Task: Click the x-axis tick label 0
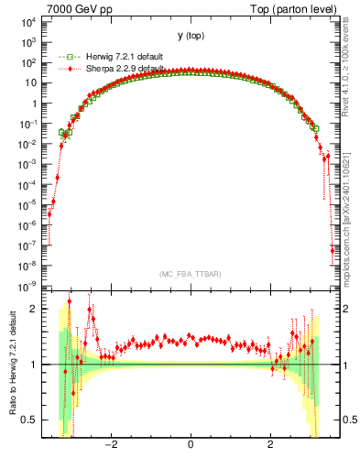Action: point(190,446)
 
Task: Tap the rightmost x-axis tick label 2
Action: point(271,446)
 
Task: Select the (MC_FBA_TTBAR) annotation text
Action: point(189,274)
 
